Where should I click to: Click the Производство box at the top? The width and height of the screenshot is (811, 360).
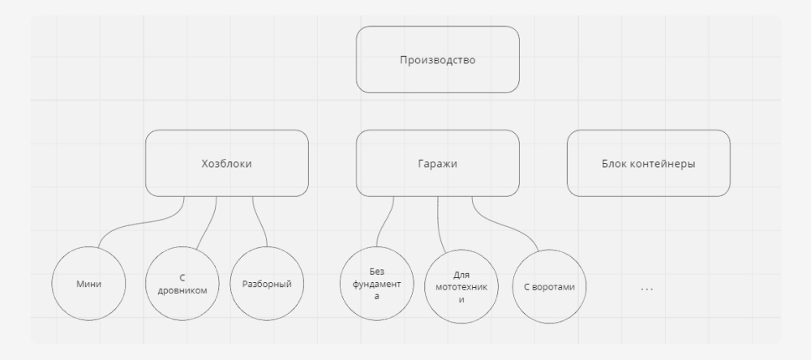click(438, 59)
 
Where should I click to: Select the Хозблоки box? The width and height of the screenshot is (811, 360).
click(227, 164)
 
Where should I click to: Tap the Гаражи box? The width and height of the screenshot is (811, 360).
click(438, 164)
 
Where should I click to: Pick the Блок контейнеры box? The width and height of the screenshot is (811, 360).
click(649, 164)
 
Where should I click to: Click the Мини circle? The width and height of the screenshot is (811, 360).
click(88, 284)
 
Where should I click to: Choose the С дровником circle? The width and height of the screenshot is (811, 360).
click(182, 284)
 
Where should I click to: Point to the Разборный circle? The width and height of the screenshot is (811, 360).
click(267, 284)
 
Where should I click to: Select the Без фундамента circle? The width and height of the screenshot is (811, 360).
click(376, 284)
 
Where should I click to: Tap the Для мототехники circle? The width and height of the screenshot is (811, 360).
click(461, 286)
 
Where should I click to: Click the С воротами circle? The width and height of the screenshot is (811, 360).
click(549, 286)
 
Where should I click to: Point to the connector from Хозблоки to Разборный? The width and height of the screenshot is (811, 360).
click(259, 221)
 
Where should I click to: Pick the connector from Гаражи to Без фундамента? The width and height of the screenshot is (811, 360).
click(384, 221)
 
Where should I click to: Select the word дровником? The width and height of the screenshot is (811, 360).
click(182, 290)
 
